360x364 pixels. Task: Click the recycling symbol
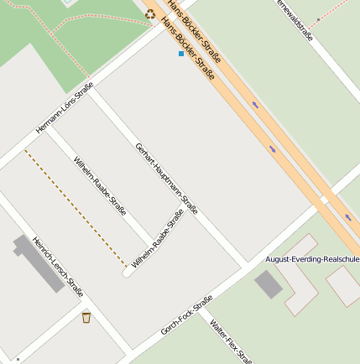[150, 13]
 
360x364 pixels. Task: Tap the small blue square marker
[180, 54]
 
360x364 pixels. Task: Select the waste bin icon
[86, 317]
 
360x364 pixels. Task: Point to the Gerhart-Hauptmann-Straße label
[166, 178]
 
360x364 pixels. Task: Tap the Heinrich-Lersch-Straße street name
[57, 268]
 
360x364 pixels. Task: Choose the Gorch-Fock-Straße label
[186, 315]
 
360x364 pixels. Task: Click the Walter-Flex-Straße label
[231, 341]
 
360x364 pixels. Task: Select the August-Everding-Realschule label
[312, 259]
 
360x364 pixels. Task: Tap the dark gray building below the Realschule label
[269, 284]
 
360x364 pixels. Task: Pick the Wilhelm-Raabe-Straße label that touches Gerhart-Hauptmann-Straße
[158, 242]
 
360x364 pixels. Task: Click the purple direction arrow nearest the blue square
[255, 105]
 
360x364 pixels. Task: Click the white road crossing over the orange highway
[323, 200]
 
